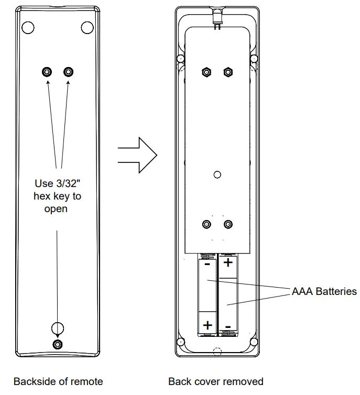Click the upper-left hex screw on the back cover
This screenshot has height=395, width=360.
click(x=47, y=72)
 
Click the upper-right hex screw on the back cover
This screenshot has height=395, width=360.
click(x=68, y=72)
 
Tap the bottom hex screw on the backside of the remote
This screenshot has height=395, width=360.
click(x=57, y=344)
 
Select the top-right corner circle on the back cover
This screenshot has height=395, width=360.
click(x=85, y=27)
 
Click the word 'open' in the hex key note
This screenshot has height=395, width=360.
click(x=58, y=209)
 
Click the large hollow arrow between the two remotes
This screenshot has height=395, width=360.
click(x=137, y=155)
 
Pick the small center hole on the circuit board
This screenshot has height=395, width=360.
click(x=217, y=174)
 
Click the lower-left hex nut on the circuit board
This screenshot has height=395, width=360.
click(x=206, y=224)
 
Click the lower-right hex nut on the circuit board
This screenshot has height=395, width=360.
click(x=227, y=224)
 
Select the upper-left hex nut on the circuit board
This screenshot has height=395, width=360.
click(x=206, y=72)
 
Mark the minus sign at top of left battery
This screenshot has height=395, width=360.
click(x=207, y=265)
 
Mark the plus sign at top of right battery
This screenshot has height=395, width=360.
click(x=228, y=262)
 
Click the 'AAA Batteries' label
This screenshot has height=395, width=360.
click(x=324, y=291)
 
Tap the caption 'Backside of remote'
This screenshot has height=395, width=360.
click(x=58, y=381)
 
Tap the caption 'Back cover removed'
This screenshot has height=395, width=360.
click(x=216, y=381)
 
